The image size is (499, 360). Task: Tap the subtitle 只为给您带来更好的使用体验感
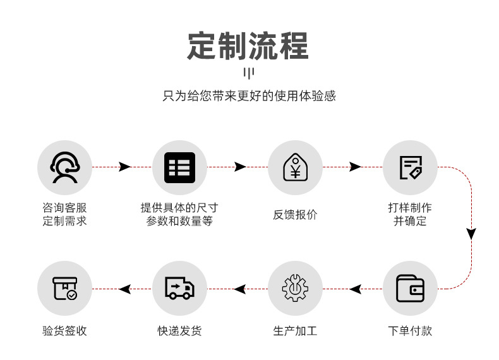pos(249,97)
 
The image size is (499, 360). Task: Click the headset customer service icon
pos(64,167)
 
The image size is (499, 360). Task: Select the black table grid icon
pos(179,167)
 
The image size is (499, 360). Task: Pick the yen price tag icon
pos(295,167)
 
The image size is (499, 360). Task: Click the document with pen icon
pos(410,167)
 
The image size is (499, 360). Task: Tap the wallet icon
pos(410,289)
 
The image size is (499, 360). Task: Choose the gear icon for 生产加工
pos(295,289)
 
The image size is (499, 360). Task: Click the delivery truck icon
pos(179,289)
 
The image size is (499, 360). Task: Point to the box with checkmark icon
pos(64,289)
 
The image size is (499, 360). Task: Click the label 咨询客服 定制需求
pos(64,214)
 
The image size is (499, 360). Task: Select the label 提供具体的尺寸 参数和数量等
pos(179,214)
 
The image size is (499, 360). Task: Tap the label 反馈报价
pos(295,214)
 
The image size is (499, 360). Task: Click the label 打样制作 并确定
pos(410,214)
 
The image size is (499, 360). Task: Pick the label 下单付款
pos(410,331)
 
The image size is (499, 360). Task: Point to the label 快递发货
pos(179,331)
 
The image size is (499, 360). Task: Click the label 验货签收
pos(64,331)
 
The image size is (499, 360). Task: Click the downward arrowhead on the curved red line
pos(471,233)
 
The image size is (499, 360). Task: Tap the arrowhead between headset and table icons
pos(124,167)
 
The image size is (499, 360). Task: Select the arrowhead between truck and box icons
pos(125,289)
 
